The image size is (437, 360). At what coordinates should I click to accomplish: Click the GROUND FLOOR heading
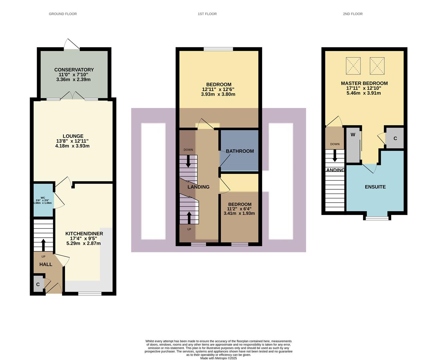click(x=63, y=14)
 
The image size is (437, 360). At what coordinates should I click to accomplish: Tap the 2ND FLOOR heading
click(x=353, y=14)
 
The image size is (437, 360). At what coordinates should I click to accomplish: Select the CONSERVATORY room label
click(x=74, y=70)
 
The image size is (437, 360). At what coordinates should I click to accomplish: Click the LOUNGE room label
click(x=73, y=136)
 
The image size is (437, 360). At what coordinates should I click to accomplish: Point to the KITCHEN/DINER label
click(x=84, y=234)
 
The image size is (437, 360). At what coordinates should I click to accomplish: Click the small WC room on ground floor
click(x=43, y=200)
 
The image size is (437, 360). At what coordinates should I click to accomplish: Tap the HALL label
click(x=46, y=264)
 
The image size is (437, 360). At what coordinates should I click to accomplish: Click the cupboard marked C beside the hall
click(x=38, y=284)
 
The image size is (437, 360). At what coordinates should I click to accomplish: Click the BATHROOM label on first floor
click(x=240, y=151)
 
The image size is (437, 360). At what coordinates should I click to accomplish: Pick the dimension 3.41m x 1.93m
click(x=239, y=213)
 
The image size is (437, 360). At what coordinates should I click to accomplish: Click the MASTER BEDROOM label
click(x=364, y=83)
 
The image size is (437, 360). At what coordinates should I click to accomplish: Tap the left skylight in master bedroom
click(x=353, y=66)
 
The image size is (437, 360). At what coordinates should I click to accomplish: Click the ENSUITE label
click(x=375, y=187)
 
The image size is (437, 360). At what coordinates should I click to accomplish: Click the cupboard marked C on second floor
click(x=395, y=138)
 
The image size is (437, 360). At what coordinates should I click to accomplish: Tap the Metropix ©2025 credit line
click(x=218, y=358)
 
